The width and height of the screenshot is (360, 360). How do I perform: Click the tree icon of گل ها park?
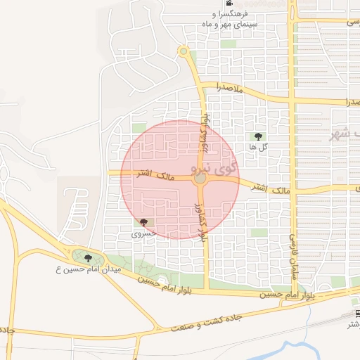coord(257,136)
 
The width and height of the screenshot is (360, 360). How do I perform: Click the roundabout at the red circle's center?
coord(200,180)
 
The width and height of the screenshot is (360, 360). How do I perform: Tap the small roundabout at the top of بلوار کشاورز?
coord(184,51)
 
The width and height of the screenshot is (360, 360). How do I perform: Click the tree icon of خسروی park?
coord(143,222)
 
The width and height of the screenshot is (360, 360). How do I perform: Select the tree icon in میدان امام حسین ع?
coord(87,258)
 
